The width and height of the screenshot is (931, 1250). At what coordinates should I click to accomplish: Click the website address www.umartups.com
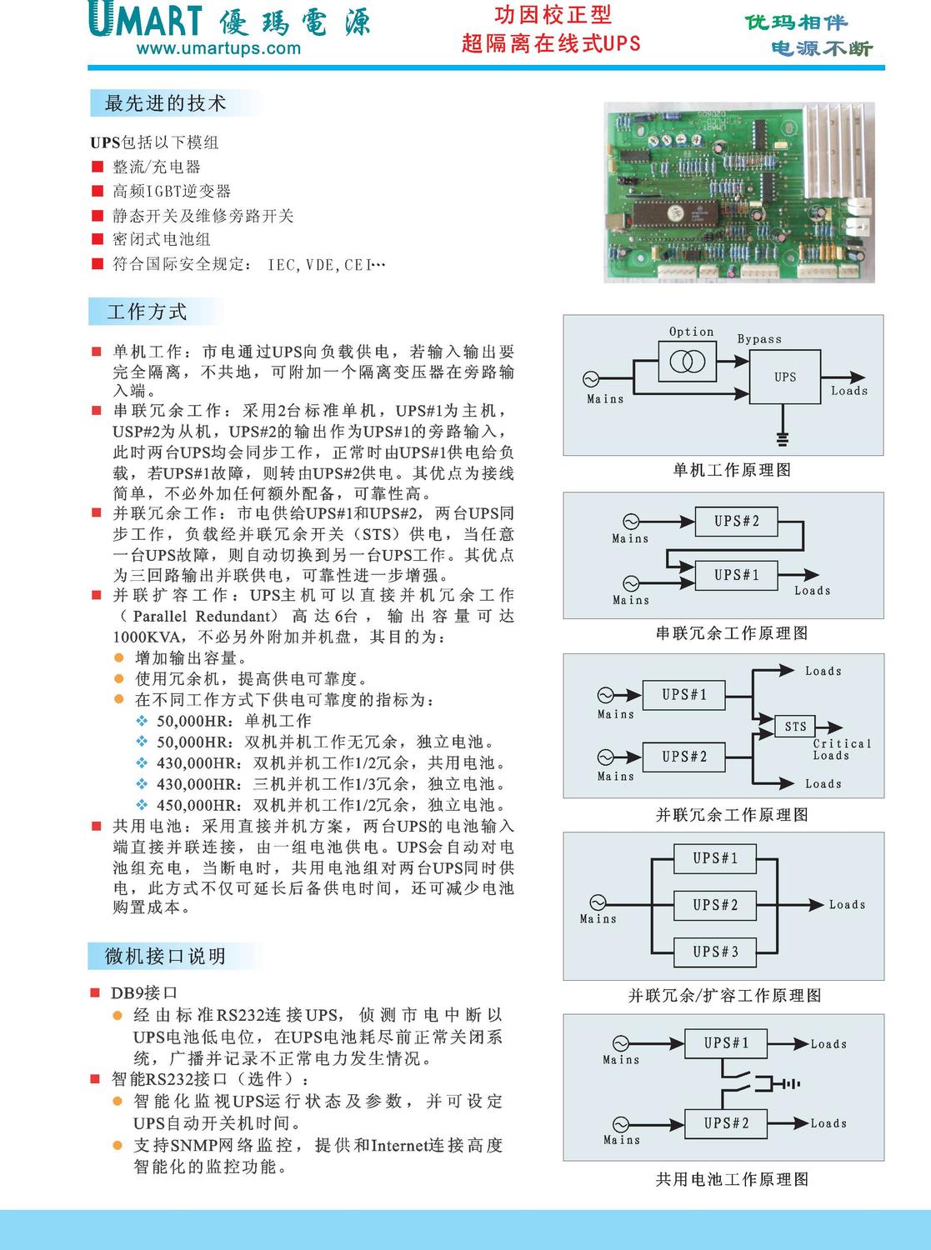[x=218, y=48]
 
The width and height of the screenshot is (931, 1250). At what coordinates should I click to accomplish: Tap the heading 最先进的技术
[x=165, y=103]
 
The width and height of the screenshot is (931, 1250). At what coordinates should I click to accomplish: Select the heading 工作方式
[x=147, y=312]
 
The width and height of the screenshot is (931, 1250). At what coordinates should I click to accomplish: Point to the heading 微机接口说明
[x=165, y=956]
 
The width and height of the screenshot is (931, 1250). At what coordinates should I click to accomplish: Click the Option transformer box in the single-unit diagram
[x=688, y=362]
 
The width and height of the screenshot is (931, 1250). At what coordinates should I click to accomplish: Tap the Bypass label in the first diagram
[x=759, y=339]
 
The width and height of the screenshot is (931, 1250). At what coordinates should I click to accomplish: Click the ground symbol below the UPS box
[x=782, y=438]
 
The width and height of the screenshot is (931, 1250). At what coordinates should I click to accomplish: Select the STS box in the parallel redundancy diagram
[x=795, y=727]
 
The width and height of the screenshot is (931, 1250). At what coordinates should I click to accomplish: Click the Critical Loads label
[x=841, y=749]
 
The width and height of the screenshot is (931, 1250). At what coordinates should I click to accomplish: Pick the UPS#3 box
[x=715, y=952]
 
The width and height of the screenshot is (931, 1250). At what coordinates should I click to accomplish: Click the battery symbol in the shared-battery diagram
[x=778, y=1083]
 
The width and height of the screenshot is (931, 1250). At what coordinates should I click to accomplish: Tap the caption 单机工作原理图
[x=731, y=470]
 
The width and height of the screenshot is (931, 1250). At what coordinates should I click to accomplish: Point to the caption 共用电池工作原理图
[x=731, y=1179]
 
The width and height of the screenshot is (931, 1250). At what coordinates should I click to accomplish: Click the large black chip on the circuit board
[x=674, y=213]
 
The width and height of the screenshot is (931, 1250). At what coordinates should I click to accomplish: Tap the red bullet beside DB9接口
[x=95, y=992]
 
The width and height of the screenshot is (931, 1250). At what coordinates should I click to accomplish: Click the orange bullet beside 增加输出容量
[x=118, y=657]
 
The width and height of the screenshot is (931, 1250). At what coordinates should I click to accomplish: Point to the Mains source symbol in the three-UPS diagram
[x=598, y=902]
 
